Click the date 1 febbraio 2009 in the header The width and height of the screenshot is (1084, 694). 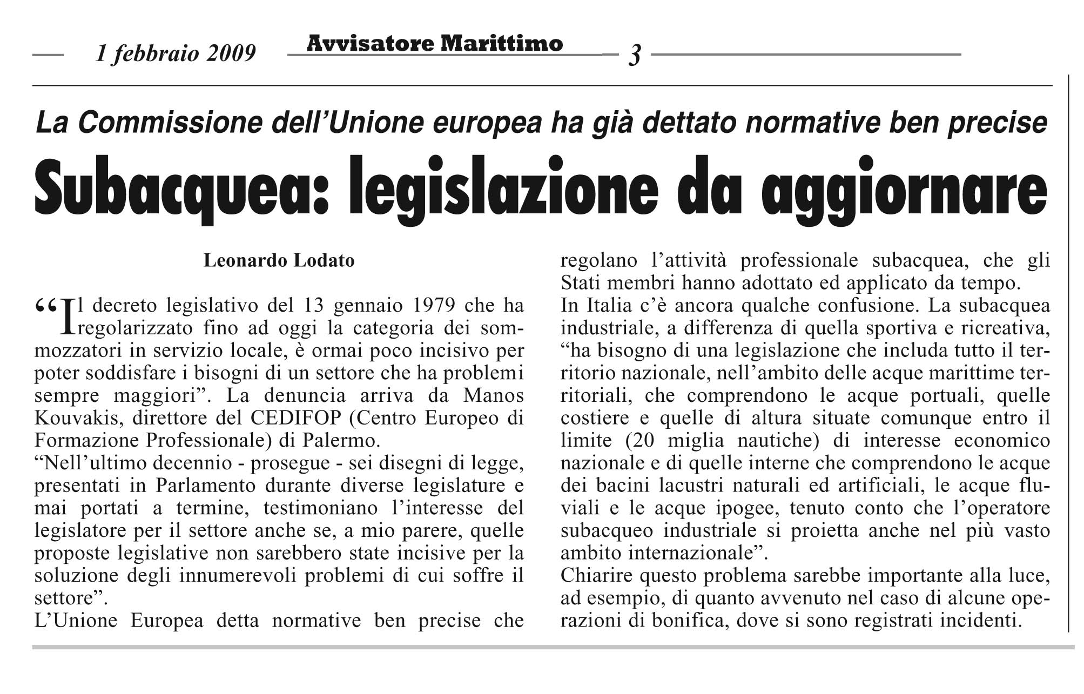[176, 53]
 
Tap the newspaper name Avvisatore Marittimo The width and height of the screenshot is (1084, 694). [434, 43]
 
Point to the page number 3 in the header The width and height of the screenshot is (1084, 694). [635, 55]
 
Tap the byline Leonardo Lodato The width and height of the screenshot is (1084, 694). [279, 261]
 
